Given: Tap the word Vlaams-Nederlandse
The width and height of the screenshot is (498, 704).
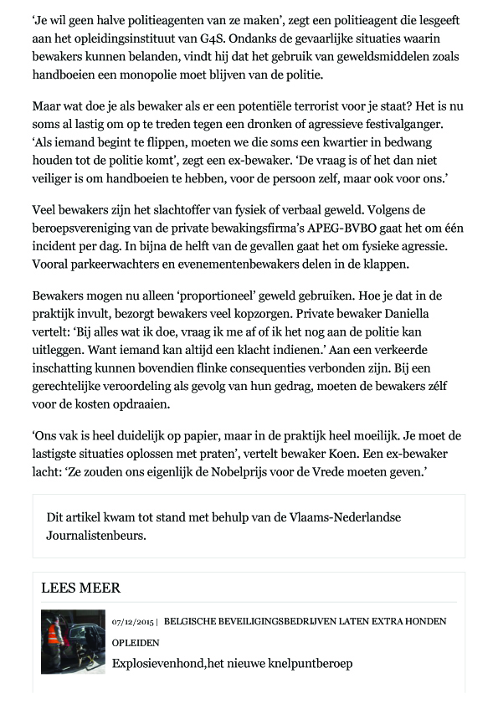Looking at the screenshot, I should [x=343, y=516].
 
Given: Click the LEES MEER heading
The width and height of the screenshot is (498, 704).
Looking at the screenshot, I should [x=80, y=588].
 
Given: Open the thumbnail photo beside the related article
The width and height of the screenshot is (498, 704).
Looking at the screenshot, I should [x=73, y=642].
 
